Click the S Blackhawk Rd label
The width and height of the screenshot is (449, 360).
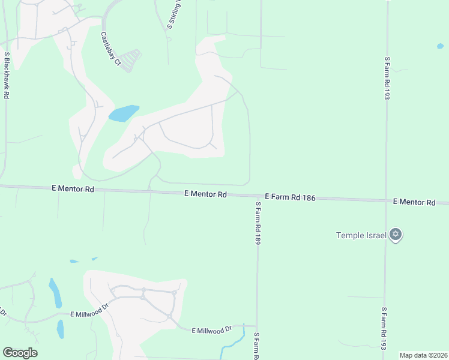point(7,75)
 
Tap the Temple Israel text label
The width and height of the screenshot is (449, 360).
point(361,234)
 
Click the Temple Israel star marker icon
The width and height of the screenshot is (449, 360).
point(395,234)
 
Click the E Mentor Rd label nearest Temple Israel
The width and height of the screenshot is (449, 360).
point(414,203)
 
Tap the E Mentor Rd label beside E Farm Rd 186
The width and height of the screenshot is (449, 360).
point(205,194)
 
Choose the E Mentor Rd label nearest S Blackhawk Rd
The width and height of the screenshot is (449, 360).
point(73,188)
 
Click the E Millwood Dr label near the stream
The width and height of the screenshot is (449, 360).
point(212,331)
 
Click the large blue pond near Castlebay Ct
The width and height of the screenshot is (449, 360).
point(124,113)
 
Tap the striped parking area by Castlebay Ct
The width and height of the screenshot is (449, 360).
point(131,60)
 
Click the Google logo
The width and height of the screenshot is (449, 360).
point(20,353)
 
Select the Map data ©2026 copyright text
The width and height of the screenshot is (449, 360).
point(423,355)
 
